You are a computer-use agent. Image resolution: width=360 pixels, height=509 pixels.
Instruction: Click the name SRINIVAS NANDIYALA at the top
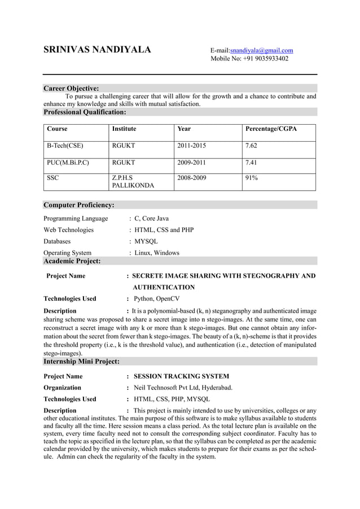point(97,50)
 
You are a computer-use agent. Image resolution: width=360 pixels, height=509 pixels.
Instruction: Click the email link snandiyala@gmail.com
point(261,50)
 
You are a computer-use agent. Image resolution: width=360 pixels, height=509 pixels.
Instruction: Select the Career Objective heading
point(71,88)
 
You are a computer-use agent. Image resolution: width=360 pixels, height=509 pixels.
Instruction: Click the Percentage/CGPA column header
point(271,129)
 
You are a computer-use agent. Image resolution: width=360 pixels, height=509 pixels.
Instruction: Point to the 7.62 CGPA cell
point(251,146)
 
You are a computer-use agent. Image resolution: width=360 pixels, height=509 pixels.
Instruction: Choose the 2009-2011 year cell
point(191,163)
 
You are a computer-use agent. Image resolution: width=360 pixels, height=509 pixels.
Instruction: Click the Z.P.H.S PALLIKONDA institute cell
point(133,181)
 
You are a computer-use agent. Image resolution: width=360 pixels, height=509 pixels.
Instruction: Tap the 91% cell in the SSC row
point(251,178)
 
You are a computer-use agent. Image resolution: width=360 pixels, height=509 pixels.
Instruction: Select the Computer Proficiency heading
point(79,205)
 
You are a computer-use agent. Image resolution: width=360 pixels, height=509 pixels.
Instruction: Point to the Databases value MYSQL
point(146,241)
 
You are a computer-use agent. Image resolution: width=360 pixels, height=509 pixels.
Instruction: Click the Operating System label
point(67,253)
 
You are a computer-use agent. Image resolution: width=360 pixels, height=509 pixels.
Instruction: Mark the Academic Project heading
point(72,261)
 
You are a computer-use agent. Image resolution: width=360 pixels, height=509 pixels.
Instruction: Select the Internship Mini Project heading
point(81,361)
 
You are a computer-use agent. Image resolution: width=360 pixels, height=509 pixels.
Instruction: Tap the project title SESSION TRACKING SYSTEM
point(181,376)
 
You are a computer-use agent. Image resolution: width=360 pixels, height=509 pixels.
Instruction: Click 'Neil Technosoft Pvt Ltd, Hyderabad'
point(183,387)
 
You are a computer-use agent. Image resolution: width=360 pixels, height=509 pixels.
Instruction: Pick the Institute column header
point(124,129)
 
